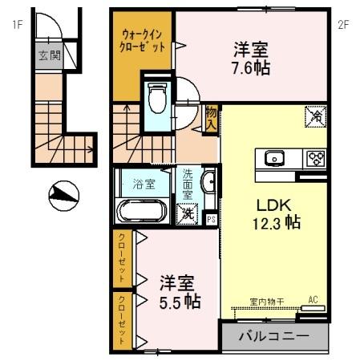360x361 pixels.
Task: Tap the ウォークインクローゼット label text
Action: click(x=144, y=40)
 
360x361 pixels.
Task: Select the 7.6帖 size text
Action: click(x=250, y=67)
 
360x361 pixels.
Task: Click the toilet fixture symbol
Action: click(x=156, y=99)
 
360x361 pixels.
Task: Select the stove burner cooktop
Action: click(x=315, y=158)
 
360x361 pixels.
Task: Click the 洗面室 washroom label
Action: click(x=187, y=183)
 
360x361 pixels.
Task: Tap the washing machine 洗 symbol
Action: click(x=187, y=213)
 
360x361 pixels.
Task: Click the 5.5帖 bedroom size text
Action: click(x=180, y=302)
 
